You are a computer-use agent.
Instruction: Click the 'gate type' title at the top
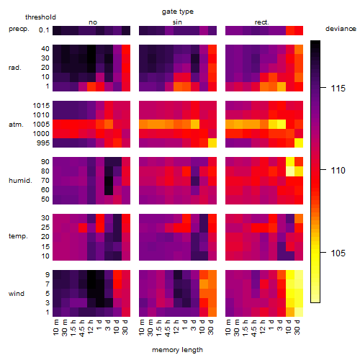pyautogui.click(x=178, y=12)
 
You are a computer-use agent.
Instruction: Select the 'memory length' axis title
pyautogui.click(x=177, y=350)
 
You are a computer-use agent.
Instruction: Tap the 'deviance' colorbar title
pyautogui.click(x=341, y=29)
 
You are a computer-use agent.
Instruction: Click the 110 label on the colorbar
pyautogui.click(x=338, y=171)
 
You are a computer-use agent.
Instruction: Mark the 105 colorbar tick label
pyautogui.click(x=338, y=253)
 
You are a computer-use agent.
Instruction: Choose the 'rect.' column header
pyautogui.click(x=262, y=22)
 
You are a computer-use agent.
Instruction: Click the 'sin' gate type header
pyautogui.click(x=177, y=22)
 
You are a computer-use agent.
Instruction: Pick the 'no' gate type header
pyautogui.click(x=93, y=22)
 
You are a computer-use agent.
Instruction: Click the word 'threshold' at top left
pyautogui.click(x=40, y=17)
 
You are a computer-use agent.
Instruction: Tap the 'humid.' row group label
pyautogui.click(x=20, y=181)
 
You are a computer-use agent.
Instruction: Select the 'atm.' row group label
pyautogui.click(x=16, y=125)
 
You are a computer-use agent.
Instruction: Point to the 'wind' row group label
pyautogui.click(x=17, y=294)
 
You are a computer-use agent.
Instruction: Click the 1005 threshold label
pyautogui.click(x=41, y=125)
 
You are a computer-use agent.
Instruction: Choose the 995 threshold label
pyautogui.click(x=43, y=143)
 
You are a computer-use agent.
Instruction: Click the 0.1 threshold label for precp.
pyautogui.click(x=44, y=30)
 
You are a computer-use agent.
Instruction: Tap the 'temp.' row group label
pyautogui.click(x=18, y=236)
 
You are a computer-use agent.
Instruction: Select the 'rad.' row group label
pyautogui.click(x=15, y=68)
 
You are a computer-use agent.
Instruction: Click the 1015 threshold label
pyautogui.click(x=41, y=106)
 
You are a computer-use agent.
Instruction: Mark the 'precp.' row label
pyautogui.click(x=19, y=29)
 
